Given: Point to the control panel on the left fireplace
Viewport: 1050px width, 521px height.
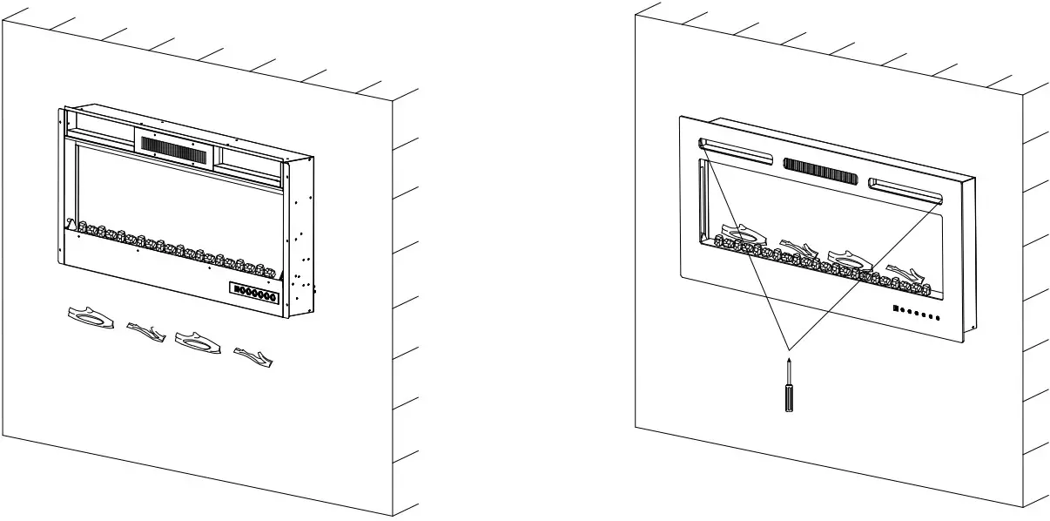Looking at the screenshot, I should pyautogui.click(x=255, y=294).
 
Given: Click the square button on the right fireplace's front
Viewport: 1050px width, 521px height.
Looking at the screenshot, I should pyautogui.click(x=894, y=308).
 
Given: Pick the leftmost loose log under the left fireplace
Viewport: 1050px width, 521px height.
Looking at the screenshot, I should pyautogui.click(x=91, y=317).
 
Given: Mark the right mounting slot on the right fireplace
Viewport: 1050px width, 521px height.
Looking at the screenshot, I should pyautogui.click(x=904, y=188).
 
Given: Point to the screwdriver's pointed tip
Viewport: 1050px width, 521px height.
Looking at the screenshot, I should pyautogui.click(x=788, y=360).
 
